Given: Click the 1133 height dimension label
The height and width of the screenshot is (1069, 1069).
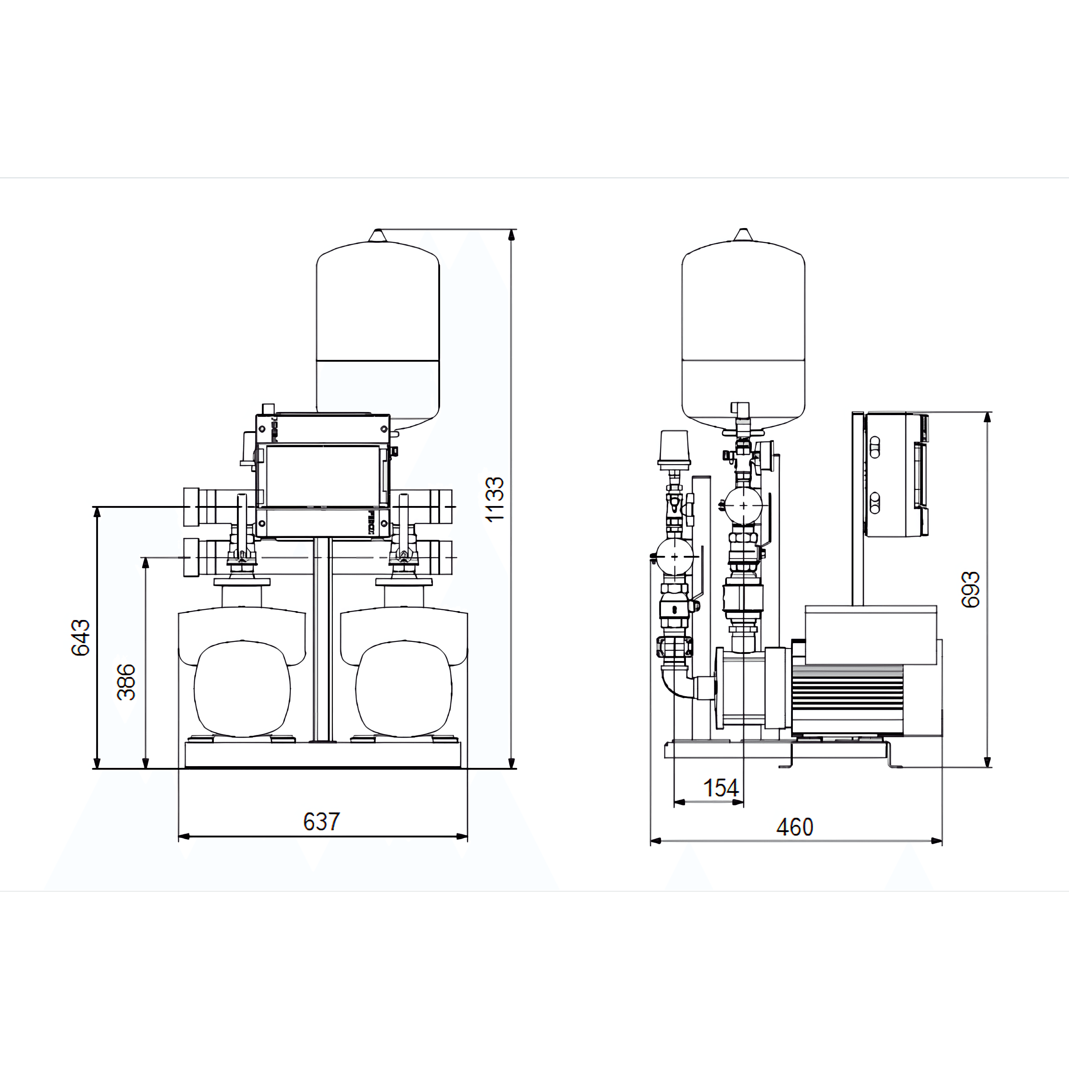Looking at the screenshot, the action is click(494, 498).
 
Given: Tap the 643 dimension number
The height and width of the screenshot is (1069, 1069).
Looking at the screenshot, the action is click(81, 637).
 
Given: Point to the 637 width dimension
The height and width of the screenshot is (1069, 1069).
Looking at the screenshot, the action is click(322, 822).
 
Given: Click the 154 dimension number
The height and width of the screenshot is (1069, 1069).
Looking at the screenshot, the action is click(720, 788).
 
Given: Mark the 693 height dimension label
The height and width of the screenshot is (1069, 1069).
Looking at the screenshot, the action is click(971, 590).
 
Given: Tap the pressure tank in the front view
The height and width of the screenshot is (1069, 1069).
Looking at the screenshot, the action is click(378, 330).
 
